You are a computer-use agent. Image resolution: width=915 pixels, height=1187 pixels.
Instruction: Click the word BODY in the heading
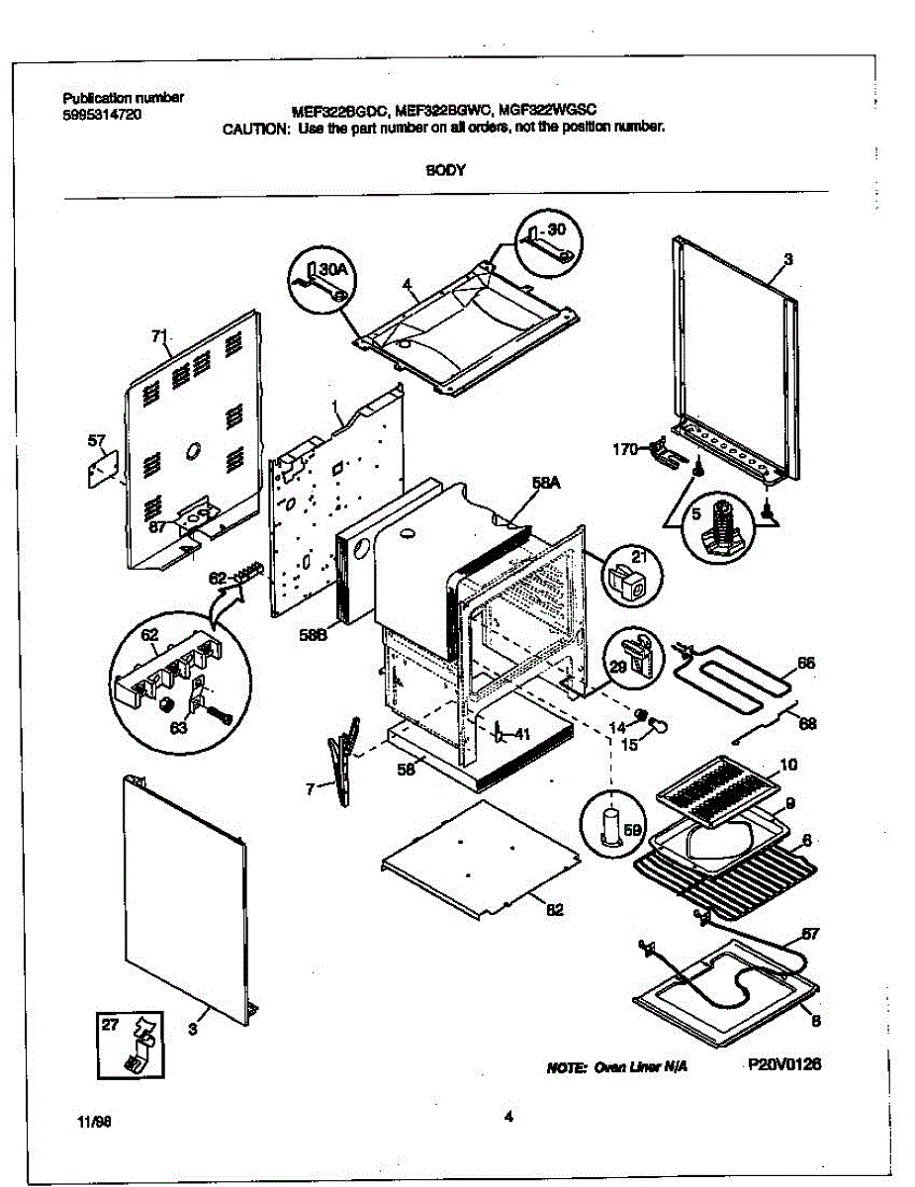click(x=440, y=169)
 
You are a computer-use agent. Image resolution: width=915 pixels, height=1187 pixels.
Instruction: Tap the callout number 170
click(x=623, y=449)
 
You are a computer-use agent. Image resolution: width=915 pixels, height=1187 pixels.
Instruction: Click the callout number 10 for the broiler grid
click(x=788, y=765)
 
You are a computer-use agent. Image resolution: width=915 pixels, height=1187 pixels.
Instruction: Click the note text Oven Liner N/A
click(x=615, y=1068)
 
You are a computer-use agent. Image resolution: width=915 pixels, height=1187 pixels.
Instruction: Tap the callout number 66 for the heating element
click(x=806, y=663)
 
